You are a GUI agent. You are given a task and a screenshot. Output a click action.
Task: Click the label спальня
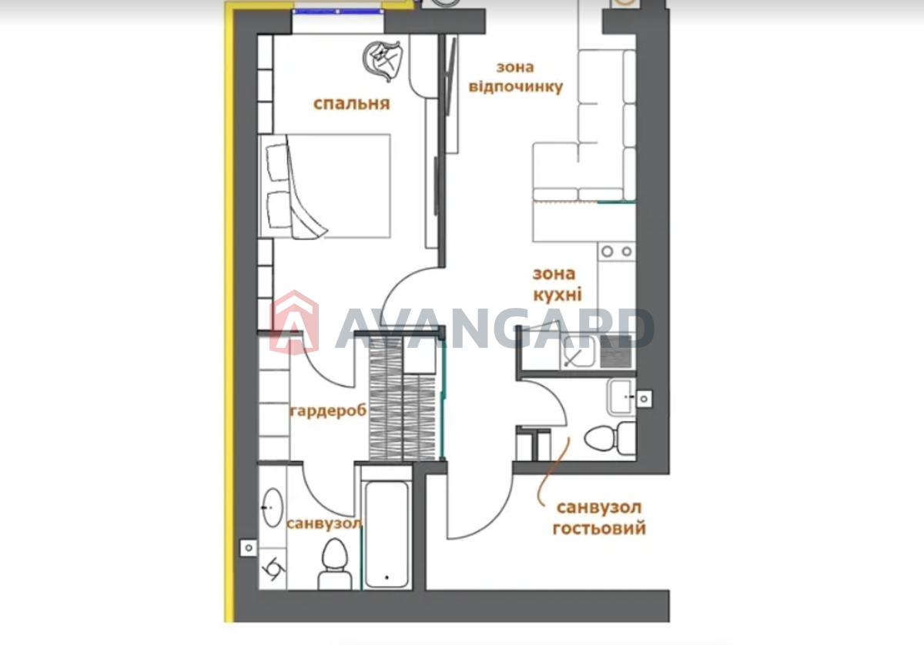click(x=351, y=103)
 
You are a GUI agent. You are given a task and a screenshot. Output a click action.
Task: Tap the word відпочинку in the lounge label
click(x=516, y=87)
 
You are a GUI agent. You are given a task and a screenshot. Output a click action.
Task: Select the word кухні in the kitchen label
click(x=557, y=295)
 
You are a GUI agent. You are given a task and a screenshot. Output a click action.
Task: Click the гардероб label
click(x=328, y=411)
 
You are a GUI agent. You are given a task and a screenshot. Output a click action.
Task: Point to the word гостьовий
click(x=599, y=528)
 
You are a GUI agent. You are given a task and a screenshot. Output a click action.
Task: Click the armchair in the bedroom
click(x=383, y=61)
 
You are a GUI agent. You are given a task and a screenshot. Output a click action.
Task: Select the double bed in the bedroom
click(x=324, y=186)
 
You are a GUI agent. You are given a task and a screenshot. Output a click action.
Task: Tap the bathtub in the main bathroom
click(x=387, y=534)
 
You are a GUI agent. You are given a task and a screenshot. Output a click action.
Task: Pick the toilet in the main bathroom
click(x=334, y=564)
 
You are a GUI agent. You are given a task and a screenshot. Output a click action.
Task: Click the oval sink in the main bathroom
click(x=273, y=508)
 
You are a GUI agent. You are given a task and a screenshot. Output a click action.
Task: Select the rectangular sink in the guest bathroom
click(x=620, y=396)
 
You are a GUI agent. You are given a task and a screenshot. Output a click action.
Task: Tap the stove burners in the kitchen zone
click(x=617, y=251)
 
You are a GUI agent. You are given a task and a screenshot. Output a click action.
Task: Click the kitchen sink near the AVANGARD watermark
click(x=577, y=352)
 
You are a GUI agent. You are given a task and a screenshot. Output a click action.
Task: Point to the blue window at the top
click(x=337, y=12)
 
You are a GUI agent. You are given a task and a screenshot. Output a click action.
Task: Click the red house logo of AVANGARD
click(x=294, y=322)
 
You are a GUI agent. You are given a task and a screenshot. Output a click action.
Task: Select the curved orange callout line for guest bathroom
click(x=553, y=472)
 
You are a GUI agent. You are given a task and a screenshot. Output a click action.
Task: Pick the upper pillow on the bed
click(x=277, y=163)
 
